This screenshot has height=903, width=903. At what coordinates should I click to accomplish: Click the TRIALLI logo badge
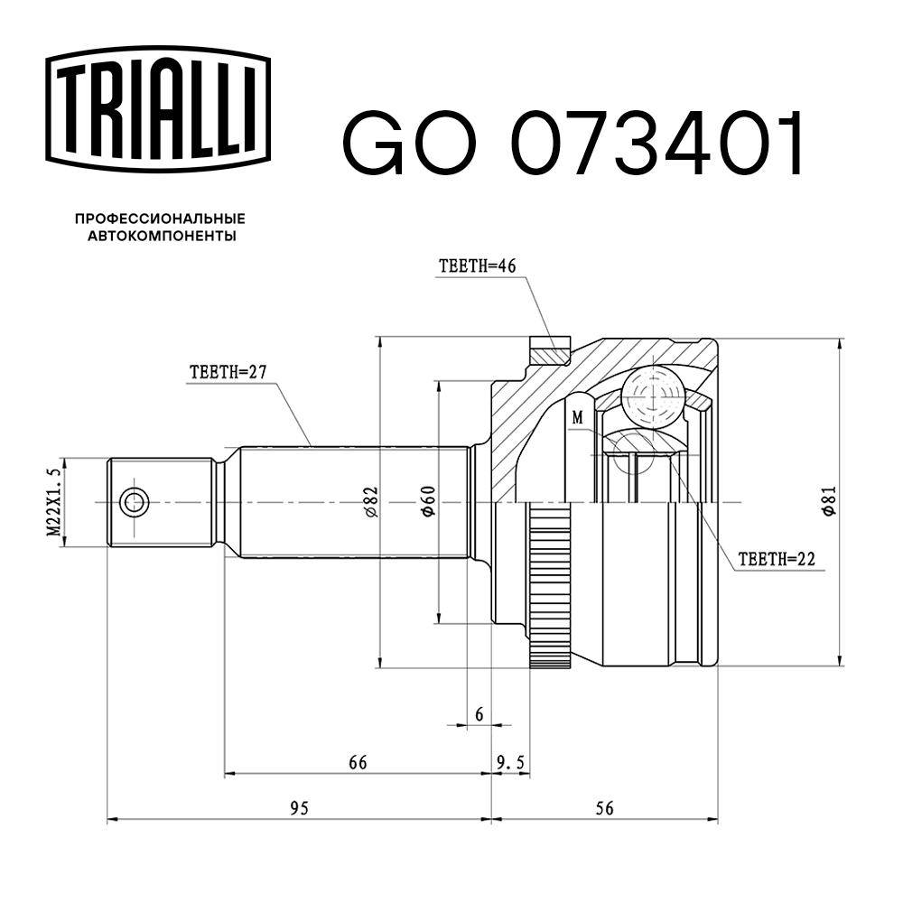(159, 105)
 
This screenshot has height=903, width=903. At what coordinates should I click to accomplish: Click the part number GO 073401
(573, 144)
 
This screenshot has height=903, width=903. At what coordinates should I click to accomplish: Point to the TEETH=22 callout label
(776, 559)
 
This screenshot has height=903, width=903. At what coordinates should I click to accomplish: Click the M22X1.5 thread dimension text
(55, 502)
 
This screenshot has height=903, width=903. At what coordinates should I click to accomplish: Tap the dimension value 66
(358, 763)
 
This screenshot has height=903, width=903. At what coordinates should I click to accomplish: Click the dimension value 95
(299, 808)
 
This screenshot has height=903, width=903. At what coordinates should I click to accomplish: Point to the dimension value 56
(604, 808)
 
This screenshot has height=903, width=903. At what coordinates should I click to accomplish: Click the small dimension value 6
(479, 714)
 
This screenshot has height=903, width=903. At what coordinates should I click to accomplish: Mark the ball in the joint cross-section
(652, 393)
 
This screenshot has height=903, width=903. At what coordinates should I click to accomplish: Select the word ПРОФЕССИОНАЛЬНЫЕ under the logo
(160, 219)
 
